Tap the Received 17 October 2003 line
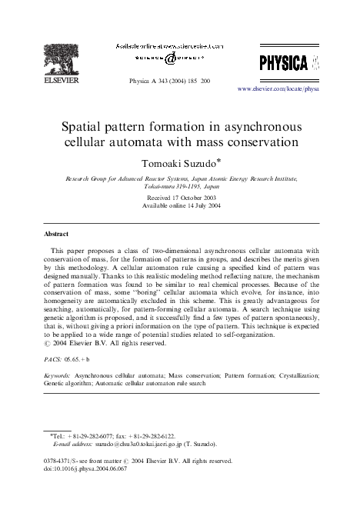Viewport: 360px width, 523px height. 180,198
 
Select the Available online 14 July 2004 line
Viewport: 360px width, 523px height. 180,206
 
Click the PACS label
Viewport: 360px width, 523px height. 52,359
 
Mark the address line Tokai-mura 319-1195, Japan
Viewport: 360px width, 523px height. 180,185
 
